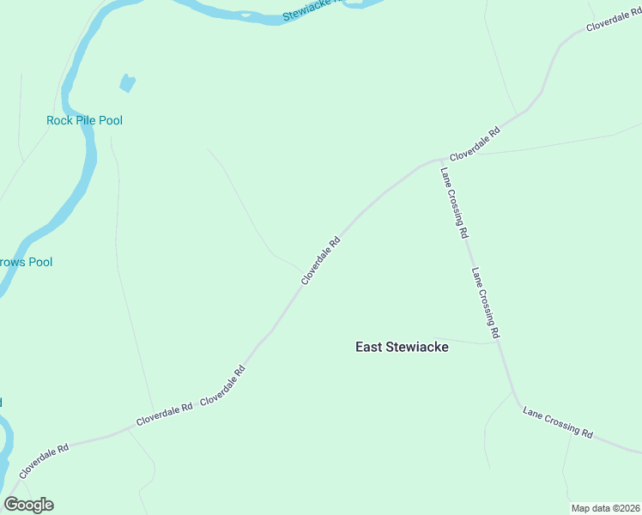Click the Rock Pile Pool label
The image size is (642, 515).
click(x=84, y=120)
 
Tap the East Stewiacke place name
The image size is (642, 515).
click(x=402, y=347)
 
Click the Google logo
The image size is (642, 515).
click(x=28, y=505)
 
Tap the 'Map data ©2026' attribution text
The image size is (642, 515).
click(x=604, y=508)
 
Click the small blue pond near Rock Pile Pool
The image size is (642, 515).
click(x=127, y=83)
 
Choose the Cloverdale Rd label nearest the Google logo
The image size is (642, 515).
click(x=44, y=462)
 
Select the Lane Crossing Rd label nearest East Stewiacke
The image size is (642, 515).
click(x=485, y=301)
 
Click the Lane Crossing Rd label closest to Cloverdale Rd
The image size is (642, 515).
click(x=454, y=203)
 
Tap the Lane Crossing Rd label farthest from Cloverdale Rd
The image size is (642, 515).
click(x=558, y=422)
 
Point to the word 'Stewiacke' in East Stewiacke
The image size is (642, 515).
click(x=418, y=347)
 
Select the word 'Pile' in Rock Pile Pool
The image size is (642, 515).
click(x=84, y=120)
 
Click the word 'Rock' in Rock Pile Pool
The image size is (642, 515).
click(x=59, y=120)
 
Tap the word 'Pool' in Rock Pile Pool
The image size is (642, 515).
click(x=110, y=120)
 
